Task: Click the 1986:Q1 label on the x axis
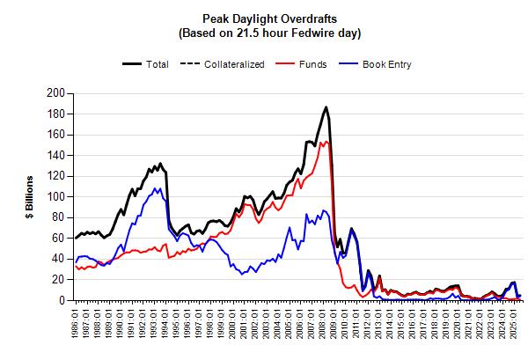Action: [x=77, y=324]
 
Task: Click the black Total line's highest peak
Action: [x=326, y=107]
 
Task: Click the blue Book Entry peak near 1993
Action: [x=156, y=188]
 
